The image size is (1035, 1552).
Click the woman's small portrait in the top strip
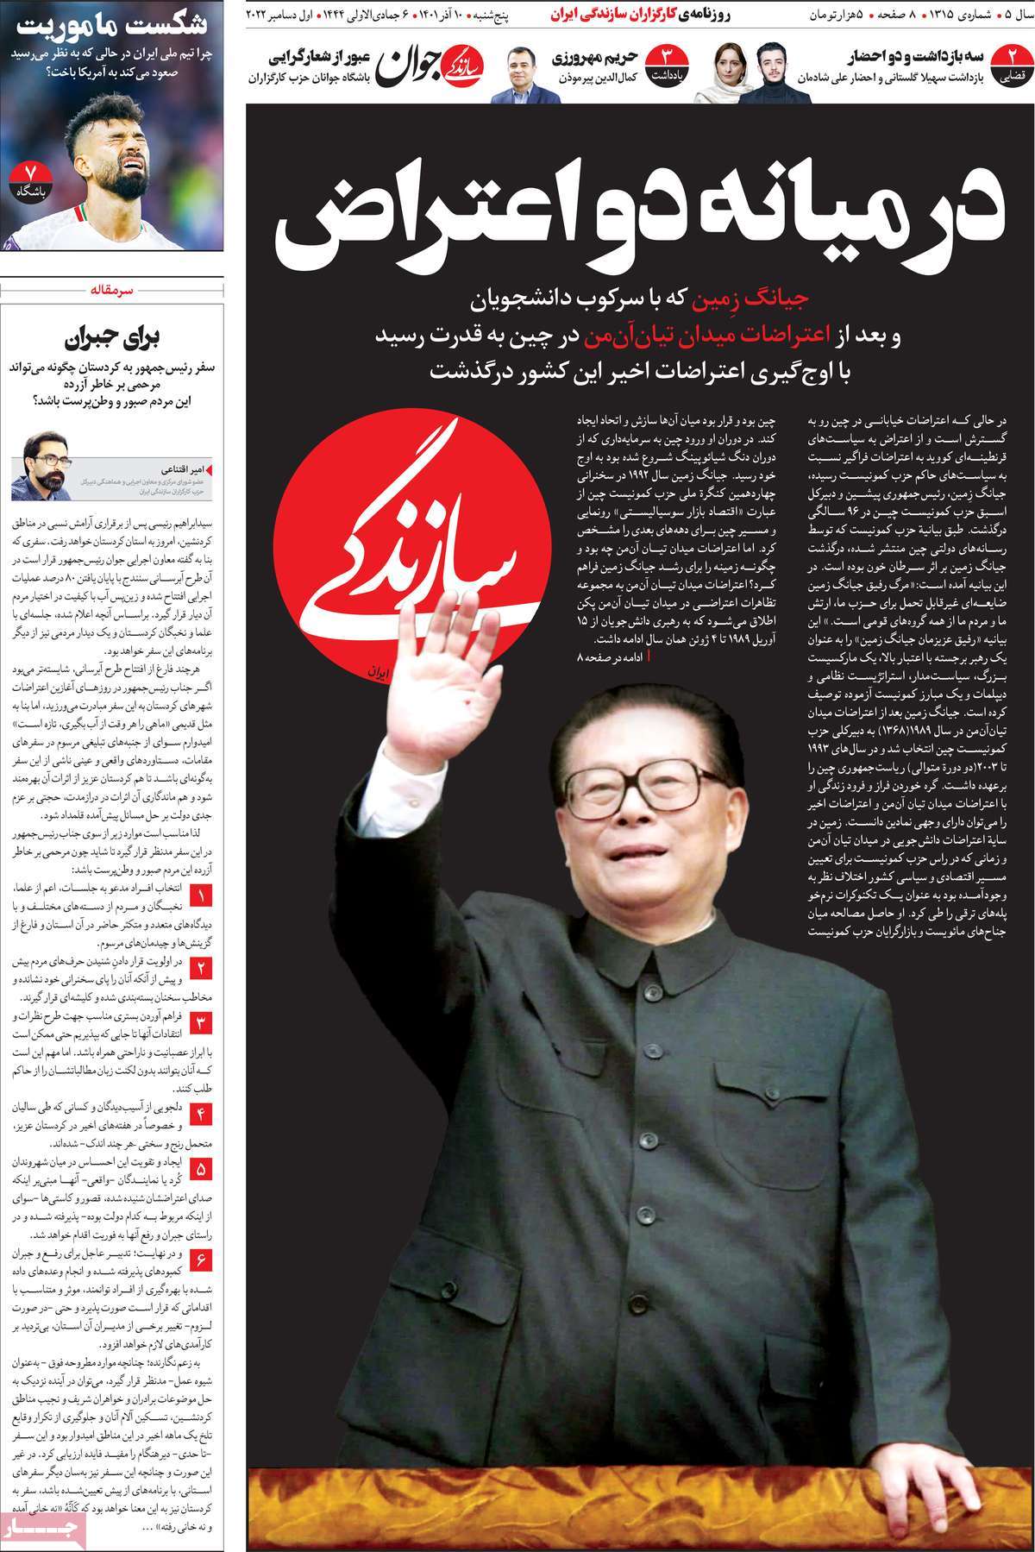718,73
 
